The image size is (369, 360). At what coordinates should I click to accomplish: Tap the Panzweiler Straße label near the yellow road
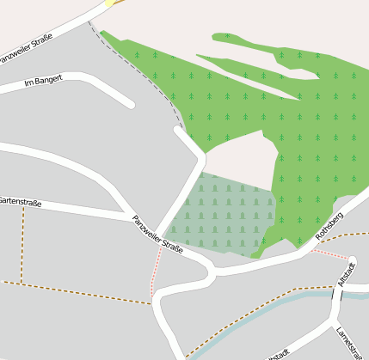pyautogui.click(x=26, y=48)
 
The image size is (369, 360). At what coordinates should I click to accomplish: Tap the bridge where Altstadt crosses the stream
pyautogui.click(x=336, y=294)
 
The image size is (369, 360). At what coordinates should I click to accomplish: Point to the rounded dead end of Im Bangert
pyautogui.click(x=129, y=103)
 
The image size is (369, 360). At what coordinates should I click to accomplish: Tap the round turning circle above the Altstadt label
pyautogui.click(x=351, y=260)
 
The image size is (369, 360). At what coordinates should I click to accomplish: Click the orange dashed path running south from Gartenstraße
pyautogui.click(x=22, y=245)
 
